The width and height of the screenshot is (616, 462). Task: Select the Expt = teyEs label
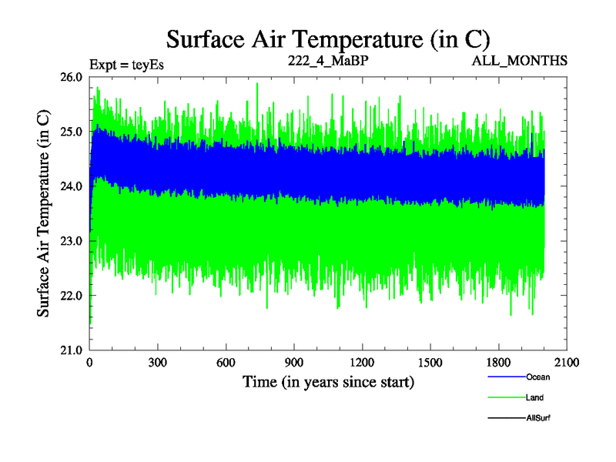click(126, 64)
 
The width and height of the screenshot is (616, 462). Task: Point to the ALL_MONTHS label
click(521, 60)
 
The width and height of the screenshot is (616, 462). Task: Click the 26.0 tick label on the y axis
click(72, 77)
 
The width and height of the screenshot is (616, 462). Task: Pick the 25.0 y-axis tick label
click(72, 132)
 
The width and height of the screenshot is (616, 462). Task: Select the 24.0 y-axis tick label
click(72, 186)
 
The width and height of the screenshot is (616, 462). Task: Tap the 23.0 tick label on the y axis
click(72, 241)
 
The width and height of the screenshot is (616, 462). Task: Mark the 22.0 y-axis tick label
click(72, 296)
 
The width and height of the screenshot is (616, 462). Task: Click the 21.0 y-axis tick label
click(72, 350)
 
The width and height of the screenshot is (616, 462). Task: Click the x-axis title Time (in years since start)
click(329, 381)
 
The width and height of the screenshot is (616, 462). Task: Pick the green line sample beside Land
click(506, 397)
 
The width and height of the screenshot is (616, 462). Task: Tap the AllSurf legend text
click(538, 417)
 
